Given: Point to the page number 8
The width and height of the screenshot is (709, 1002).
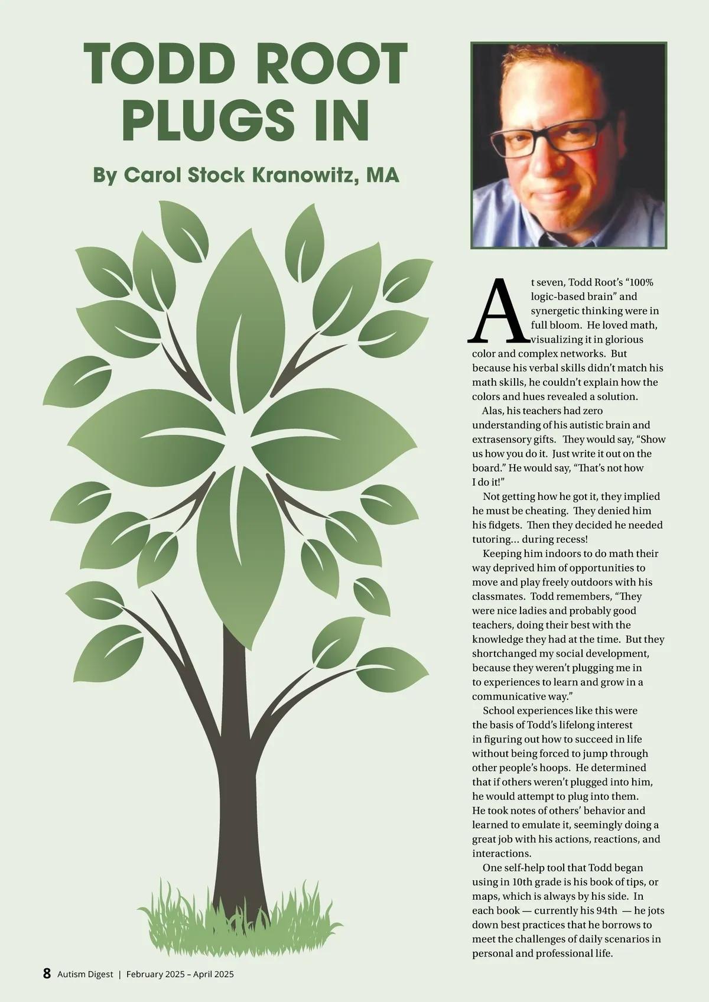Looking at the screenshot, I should pyautogui.click(x=47, y=974).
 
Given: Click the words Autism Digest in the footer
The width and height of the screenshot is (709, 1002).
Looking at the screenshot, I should pyautogui.click(x=85, y=974).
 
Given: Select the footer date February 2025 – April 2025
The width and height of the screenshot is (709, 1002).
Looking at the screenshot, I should pyautogui.click(x=180, y=974).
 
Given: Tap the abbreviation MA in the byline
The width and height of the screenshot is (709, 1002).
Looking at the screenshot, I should pyautogui.click(x=382, y=175).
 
